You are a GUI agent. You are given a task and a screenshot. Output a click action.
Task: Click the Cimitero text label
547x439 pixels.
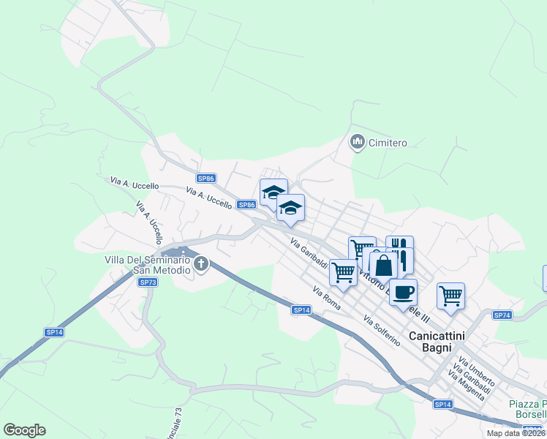click(388, 143)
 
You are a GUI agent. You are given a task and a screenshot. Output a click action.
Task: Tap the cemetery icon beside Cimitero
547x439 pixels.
click(358, 141)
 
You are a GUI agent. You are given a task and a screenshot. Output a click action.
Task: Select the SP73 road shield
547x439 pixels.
click(148, 282)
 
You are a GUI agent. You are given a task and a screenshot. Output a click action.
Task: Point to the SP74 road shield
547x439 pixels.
click(502, 315)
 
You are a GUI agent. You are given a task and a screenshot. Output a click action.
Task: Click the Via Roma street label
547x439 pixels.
click(327, 300)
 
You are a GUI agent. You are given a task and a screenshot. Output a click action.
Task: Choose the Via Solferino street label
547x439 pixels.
click(382, 331)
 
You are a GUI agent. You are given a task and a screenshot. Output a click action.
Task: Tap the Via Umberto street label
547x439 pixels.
click(477, 372)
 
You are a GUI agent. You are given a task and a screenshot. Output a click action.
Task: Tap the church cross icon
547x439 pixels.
click(201, 264)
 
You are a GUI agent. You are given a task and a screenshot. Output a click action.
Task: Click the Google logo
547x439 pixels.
click(24, 430)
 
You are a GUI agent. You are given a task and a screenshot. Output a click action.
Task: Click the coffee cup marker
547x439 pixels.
click(403, 293)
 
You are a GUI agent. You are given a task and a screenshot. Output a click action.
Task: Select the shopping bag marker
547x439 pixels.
click(383, 266)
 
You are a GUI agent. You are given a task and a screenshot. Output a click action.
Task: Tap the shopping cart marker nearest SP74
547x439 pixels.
click(450, 296)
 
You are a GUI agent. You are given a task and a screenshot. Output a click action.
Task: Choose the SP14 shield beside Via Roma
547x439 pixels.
click(301, 310)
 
